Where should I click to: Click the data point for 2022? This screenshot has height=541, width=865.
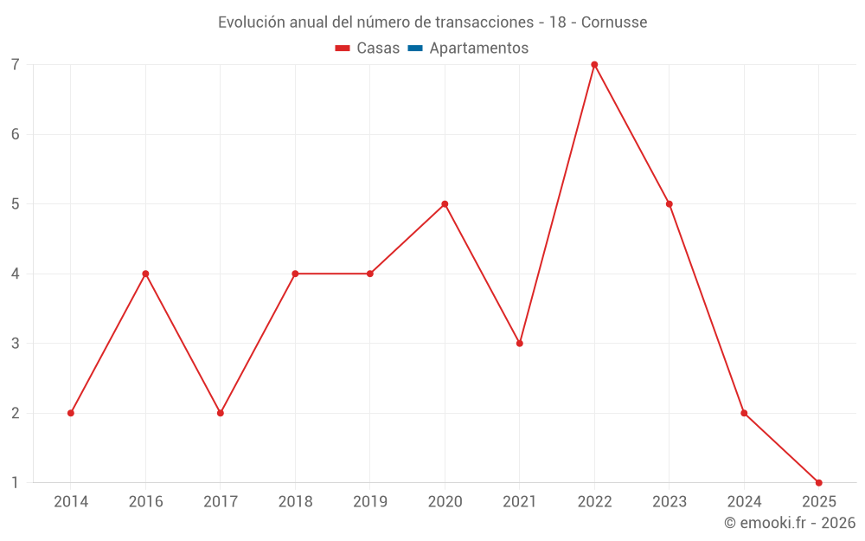point(594,65)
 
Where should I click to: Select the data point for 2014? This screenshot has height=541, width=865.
point(71,413)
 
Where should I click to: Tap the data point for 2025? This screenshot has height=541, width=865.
point(818,482)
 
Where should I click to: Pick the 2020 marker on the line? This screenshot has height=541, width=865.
point(445,204)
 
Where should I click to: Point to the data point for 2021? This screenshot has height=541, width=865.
point(520,344)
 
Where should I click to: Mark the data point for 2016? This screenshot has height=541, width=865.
point(145,274)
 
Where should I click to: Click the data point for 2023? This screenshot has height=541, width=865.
point(670,204)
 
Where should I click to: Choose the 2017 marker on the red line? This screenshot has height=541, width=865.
point(221,413)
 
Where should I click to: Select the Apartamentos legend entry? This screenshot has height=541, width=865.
point(478,48)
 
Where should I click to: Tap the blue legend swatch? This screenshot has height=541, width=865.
point(414,48)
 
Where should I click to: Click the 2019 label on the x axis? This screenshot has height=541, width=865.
point(370,501)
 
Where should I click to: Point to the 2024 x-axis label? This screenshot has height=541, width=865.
point(744,501)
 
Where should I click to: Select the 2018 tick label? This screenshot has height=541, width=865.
point(295,501)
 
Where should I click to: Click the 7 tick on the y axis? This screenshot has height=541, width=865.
point(16,65)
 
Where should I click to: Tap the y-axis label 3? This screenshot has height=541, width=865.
point(16,344)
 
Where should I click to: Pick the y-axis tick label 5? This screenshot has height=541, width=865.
point(16,204)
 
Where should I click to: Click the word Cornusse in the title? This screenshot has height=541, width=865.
point(614,23)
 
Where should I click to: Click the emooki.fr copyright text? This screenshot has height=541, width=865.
point(789,523)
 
